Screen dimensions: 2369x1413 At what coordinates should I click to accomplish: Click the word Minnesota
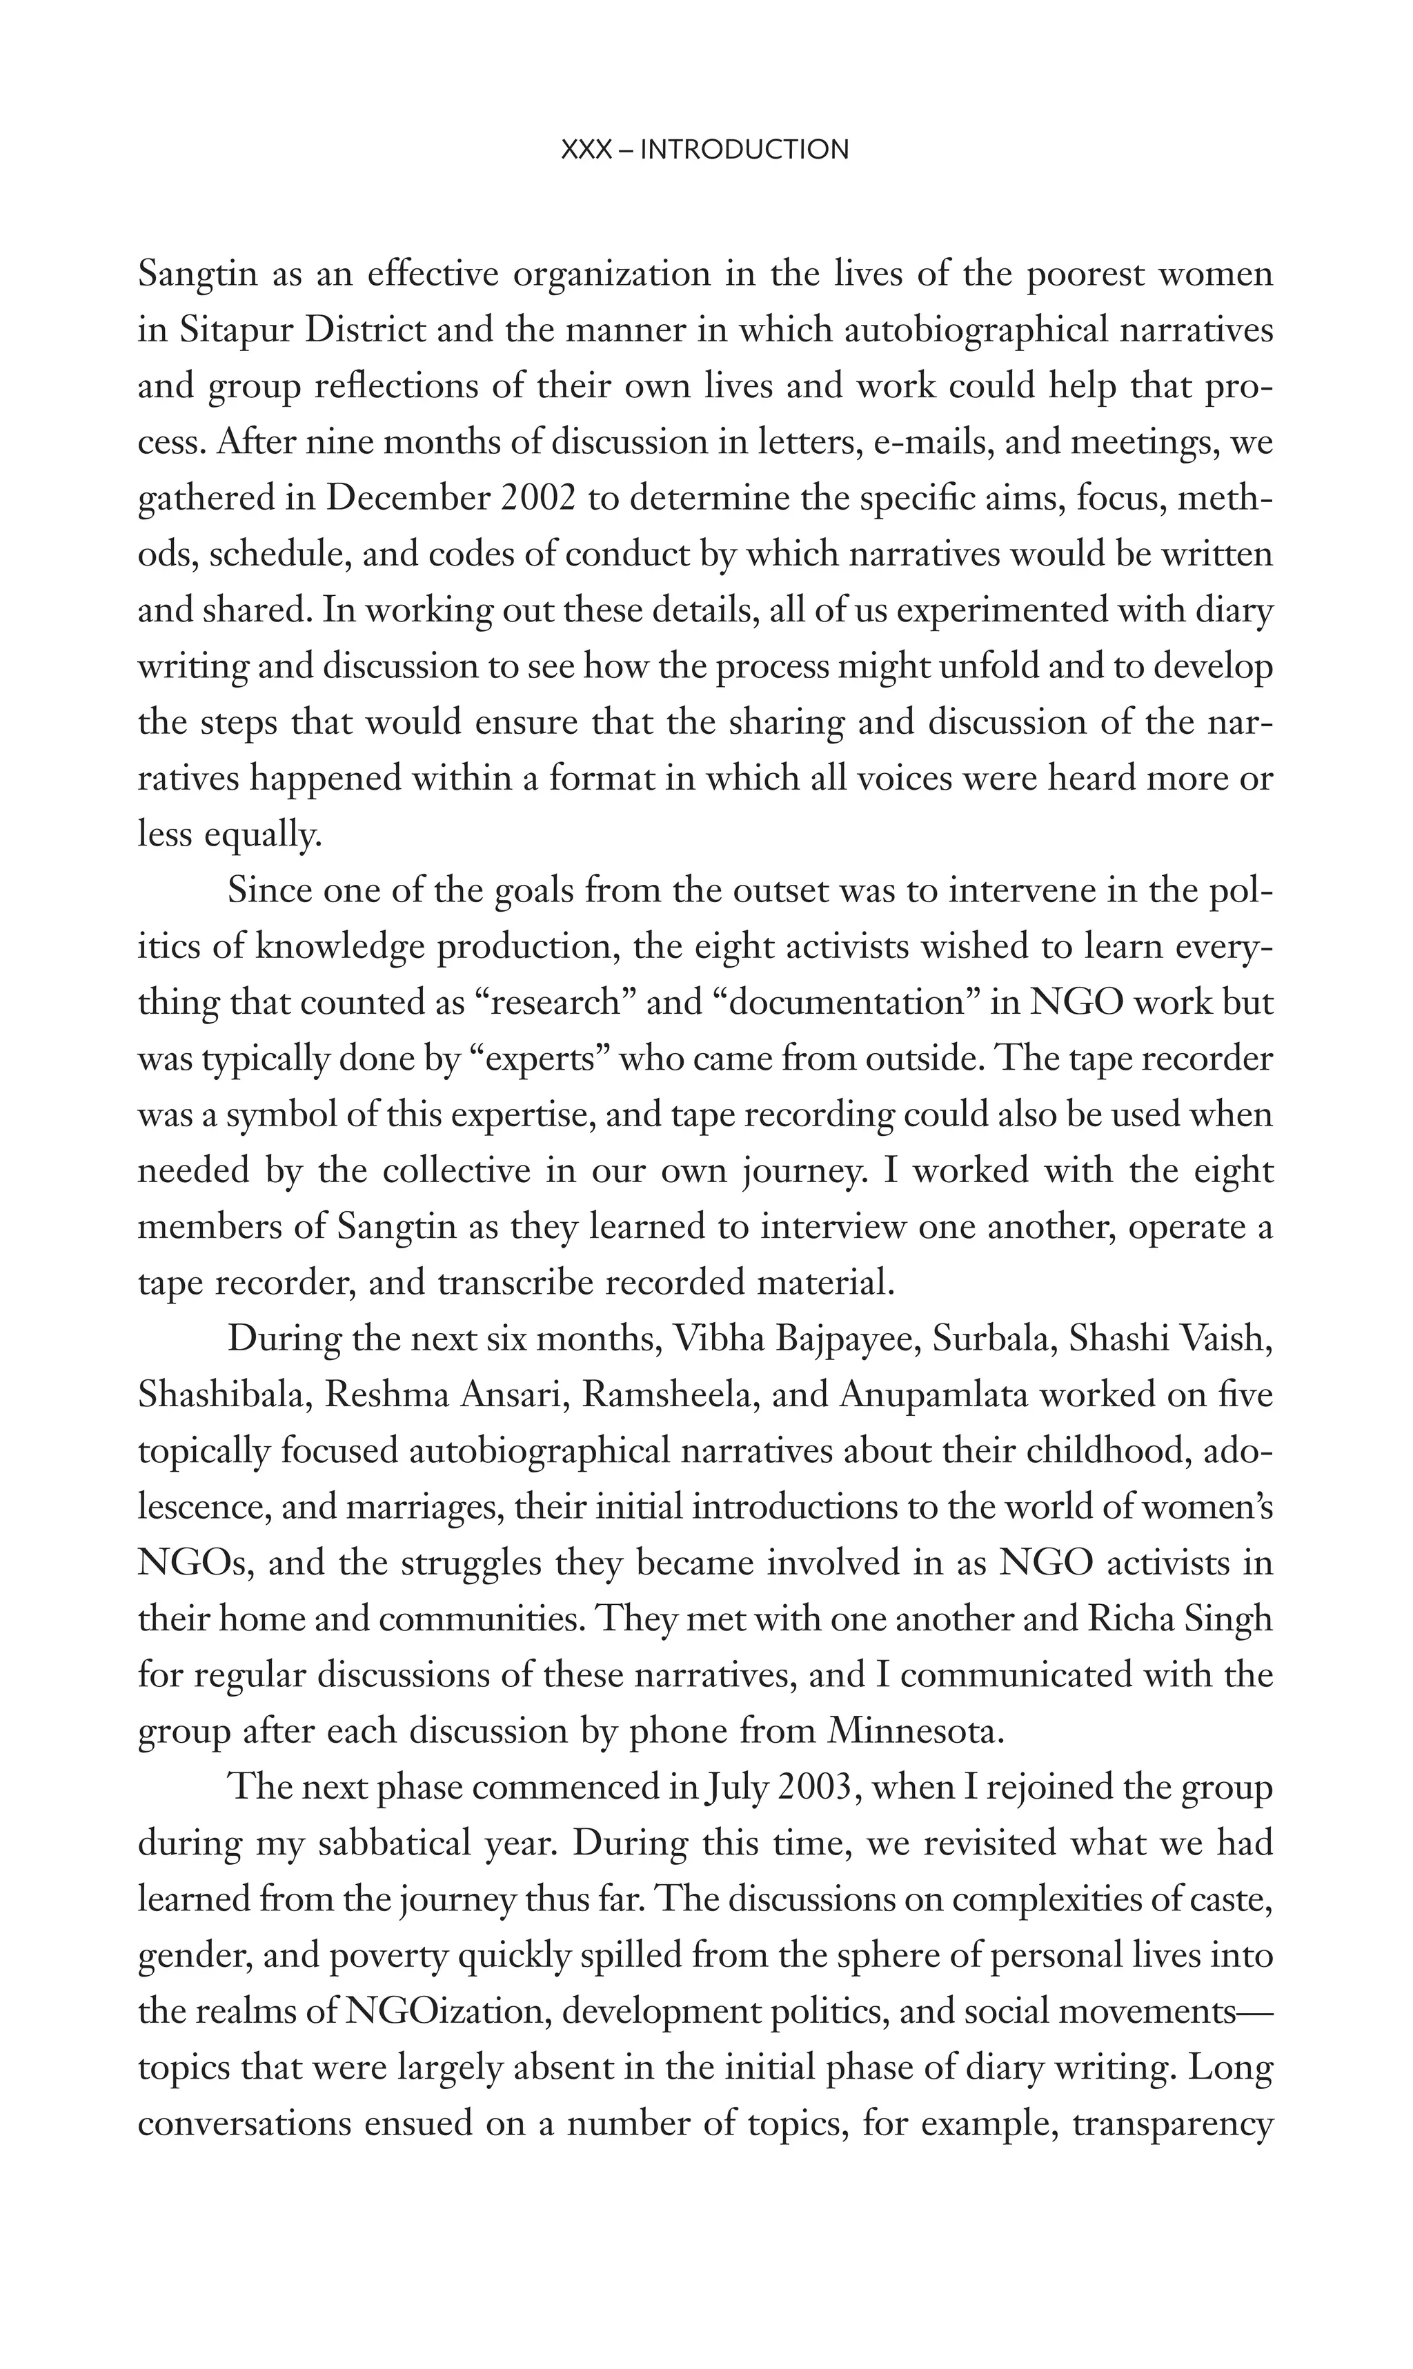coord(916,1731)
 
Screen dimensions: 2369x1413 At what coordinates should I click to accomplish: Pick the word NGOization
coord(443,2012)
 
